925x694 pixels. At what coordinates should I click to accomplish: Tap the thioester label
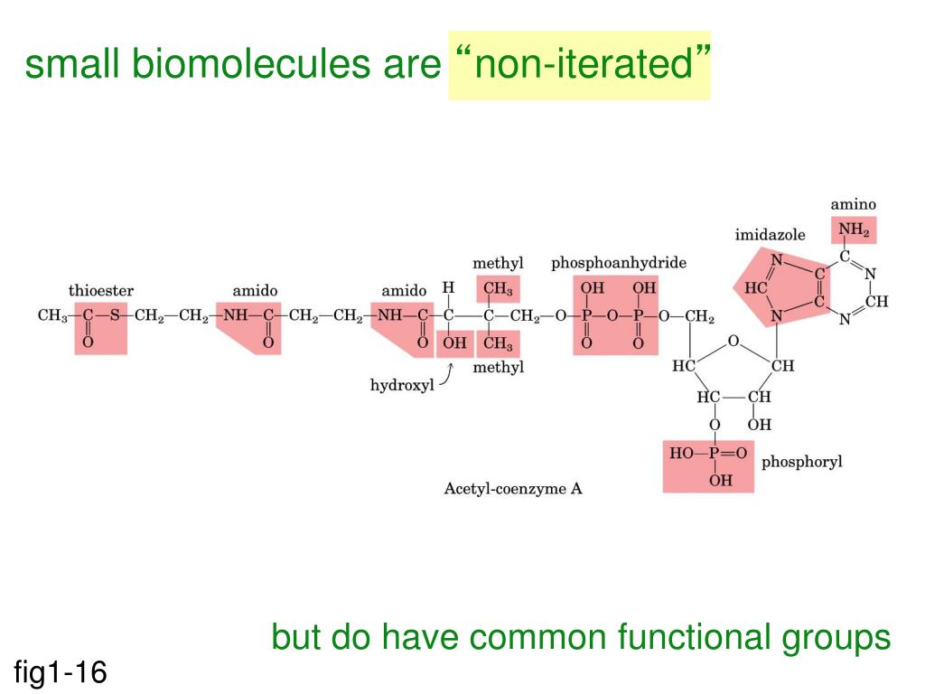pyautogui.click(x=101, y=291)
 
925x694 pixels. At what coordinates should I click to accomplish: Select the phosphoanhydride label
pyautogui.click(x=619, y=263)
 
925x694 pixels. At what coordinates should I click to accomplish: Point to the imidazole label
pyautogui.click(x=770, y=235)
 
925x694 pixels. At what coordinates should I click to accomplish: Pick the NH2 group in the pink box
pyautogui.click(x=854, y=230)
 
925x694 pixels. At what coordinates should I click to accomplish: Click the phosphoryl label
pyautogui.click(x=801, y=462)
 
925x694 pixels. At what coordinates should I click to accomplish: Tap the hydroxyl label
pyautogui.click(x=402, y=385)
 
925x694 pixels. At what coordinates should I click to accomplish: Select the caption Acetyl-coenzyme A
pyautogui.click(x=513, y=489)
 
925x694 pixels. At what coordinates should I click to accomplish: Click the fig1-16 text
pyautogui.click(x=61, y=671)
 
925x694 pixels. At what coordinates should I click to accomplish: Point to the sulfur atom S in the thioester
pyautogui.click(x=114, y=315)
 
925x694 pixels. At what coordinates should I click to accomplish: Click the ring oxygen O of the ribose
pyautogui.click(x=733, y=341)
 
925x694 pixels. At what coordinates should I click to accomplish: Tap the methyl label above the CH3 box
pyautogui.click(x=498, y=263)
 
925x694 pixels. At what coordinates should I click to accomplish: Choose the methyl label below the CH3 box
pyautogui.click(x=499, y=367)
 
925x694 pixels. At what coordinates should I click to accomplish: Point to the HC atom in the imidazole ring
pyautogui.click(x=756, y=288)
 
